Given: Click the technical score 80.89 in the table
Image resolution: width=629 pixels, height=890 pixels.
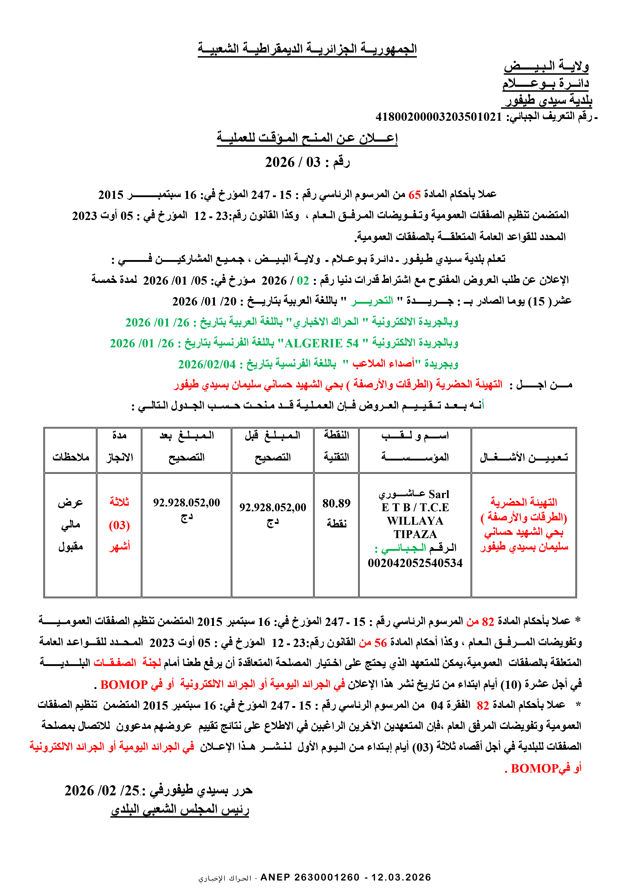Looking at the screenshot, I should click(x=336, y=503).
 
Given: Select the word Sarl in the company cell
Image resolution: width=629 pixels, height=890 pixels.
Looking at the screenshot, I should click(x=439, y=494).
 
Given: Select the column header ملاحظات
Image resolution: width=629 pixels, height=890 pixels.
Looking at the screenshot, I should click(x=71, y=457).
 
